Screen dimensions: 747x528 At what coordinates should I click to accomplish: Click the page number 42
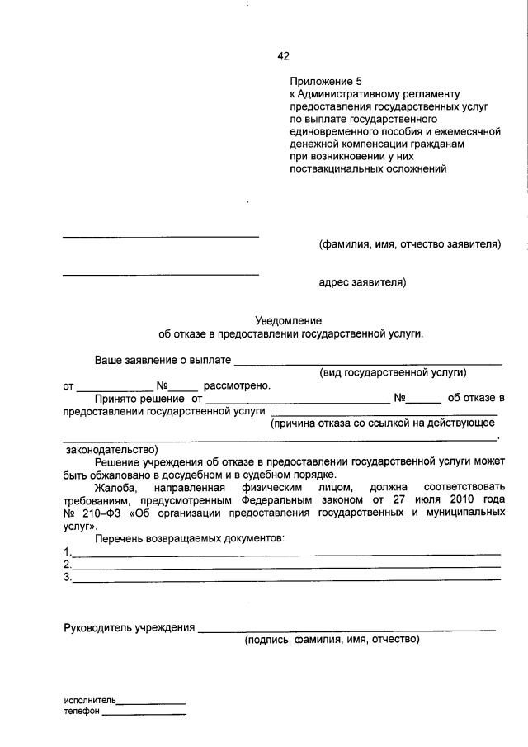tap(284, 56)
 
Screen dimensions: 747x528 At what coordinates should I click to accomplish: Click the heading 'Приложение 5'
tap(326, 82)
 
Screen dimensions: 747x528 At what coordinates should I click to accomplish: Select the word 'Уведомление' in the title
tap(290, 320)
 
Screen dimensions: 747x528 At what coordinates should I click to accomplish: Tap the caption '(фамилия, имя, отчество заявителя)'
tap(410, 245)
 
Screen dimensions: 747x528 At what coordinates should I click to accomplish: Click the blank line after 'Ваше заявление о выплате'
tap(369, 362)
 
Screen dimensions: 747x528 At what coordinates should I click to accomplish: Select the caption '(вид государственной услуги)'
tap(394, 372)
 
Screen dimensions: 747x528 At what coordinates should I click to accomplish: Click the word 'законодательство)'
tap(111, 450)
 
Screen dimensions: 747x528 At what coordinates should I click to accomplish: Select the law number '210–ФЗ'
tap(100, 513)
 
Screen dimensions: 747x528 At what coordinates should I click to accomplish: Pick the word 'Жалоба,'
tap(115, 488)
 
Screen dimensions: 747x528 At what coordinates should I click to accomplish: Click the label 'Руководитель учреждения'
tap(129, 628)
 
